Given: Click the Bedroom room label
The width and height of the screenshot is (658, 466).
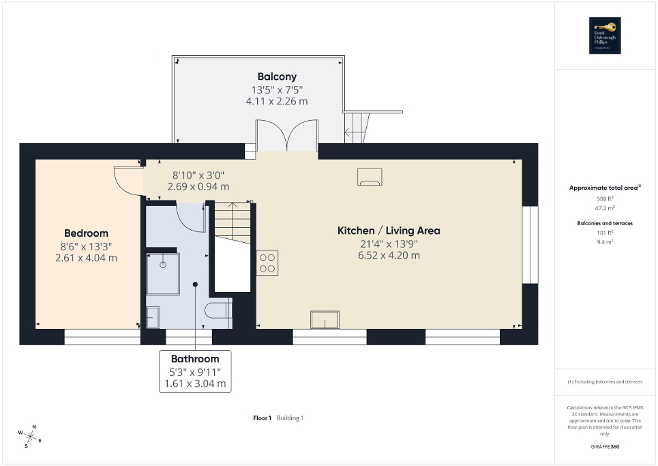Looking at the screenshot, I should tap(86, 233).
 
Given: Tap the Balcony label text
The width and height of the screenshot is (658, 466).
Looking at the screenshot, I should tap(276, 76).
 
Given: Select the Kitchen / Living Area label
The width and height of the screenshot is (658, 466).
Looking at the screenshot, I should tap(389, 231).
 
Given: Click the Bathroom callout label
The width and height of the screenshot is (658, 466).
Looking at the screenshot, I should tap(195, 359).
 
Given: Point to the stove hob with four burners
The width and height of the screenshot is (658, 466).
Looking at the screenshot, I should tap(267, 263).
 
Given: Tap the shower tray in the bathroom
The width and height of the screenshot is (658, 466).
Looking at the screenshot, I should tap(163, 274).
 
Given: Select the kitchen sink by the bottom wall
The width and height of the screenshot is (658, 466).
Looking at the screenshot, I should tap(325, 319).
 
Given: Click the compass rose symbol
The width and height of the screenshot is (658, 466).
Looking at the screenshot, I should tap(30, 435).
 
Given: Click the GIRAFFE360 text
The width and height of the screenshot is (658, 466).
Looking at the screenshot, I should tap(605, 447).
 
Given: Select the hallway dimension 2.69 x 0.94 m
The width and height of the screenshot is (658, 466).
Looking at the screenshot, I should tap(198, 186).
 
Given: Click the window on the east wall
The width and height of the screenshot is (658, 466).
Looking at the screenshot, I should tap(530, 244).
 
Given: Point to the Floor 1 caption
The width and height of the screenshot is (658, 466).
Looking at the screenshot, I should tap(262, 418).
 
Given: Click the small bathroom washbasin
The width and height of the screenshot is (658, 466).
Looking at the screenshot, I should tap(153, 317).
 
